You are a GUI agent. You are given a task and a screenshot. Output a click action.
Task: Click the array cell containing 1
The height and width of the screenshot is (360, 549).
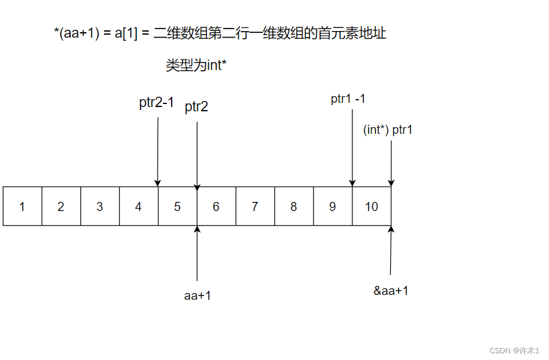23,207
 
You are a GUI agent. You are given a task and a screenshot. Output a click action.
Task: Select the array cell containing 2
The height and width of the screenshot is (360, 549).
61,207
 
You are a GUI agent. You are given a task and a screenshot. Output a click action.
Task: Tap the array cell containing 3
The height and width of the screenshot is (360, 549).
100,207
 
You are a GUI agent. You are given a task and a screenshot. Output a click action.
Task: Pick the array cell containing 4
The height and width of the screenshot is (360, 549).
139,207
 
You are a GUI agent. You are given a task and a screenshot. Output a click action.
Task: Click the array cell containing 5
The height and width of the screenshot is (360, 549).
178,207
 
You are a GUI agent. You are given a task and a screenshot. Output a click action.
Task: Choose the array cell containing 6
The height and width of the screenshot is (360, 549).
216,207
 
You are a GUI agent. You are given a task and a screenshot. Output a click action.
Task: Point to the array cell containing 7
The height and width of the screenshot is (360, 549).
255,207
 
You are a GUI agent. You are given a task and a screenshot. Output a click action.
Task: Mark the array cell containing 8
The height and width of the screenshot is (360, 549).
294,207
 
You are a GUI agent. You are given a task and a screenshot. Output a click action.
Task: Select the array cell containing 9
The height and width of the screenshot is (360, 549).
332,207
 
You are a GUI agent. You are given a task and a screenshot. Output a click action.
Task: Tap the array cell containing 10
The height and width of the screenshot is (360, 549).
371,207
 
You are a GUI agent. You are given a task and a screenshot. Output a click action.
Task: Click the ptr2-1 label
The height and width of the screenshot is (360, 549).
156,103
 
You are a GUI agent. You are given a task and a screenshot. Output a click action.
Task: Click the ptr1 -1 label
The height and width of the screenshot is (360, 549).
348,99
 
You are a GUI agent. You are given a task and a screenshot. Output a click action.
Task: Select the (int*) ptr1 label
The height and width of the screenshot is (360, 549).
388,130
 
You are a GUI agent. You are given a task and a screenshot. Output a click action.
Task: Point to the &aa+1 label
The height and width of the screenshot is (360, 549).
391,291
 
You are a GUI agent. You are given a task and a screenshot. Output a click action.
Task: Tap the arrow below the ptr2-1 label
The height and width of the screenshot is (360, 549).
158,152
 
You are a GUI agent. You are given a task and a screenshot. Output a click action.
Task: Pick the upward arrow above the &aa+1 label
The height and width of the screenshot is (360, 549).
391,249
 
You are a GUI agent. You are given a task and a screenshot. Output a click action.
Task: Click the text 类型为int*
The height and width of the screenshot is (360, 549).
196,66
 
